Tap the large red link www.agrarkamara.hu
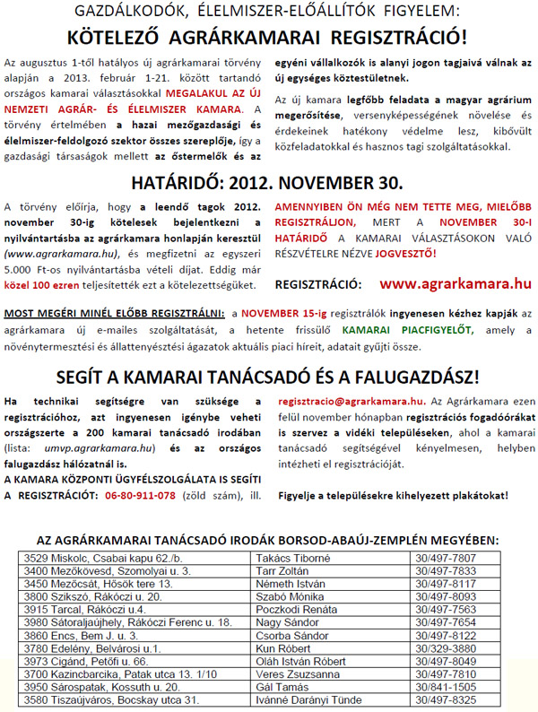[456, 283]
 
